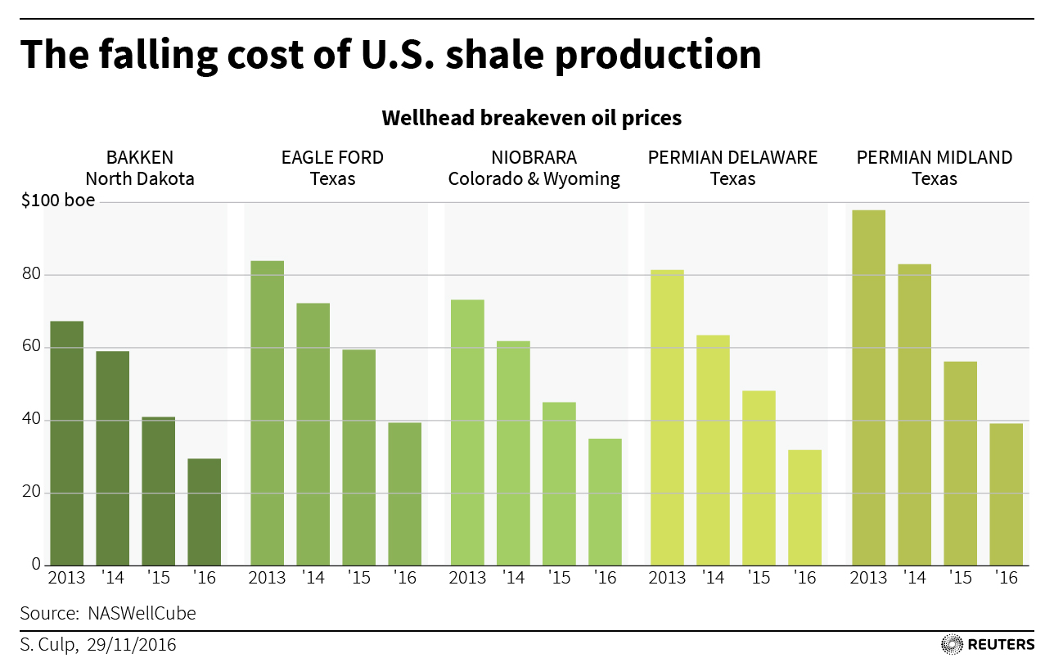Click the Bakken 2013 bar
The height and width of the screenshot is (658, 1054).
[x=66, y=443]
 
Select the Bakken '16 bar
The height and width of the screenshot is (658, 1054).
[x=204, y=512]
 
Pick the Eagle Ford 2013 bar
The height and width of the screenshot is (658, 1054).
[x=267, y=412]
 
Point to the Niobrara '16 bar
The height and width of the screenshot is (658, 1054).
[x=605, y=502]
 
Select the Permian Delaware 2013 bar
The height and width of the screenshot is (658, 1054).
[x=667, y=417]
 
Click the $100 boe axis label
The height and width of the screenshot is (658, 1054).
[x=57, y=201]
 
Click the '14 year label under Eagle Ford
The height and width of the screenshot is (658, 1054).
[x=313, y=578]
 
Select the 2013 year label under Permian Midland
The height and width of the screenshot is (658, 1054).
[x=868, y=578]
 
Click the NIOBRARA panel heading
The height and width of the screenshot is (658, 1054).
[x=534, y=157]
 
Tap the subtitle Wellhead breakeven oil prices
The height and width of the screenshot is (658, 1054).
[x=531, y=118]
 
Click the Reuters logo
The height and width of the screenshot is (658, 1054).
[x=988, y=644]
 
